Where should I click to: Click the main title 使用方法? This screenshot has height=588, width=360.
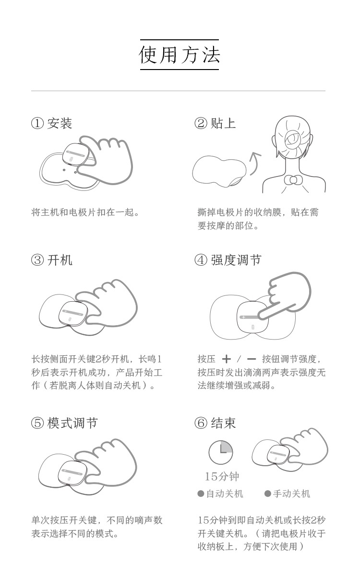pos(180,55)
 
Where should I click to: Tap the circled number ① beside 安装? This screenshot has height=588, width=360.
pos(37,123)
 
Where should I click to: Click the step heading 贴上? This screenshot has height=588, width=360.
pos(223,123)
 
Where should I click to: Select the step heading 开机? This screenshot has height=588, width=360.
pos(60,260)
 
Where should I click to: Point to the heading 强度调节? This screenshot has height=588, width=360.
pos(236,260)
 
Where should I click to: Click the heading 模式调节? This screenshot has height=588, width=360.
pos(72,423)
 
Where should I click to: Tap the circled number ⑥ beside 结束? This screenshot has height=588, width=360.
pos(201,423)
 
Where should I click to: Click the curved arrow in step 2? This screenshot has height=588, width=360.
pos(254,163)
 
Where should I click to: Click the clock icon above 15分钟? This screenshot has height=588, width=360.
pos(221,452)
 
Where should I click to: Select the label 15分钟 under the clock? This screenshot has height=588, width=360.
pos(222,476)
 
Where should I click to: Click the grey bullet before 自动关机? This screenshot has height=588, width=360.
pos(201,494)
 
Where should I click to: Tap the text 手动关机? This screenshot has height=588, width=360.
pos(292,494)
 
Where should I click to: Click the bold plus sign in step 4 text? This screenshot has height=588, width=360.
pos(226,359)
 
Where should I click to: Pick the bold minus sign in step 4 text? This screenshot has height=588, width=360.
pos(252,359)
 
